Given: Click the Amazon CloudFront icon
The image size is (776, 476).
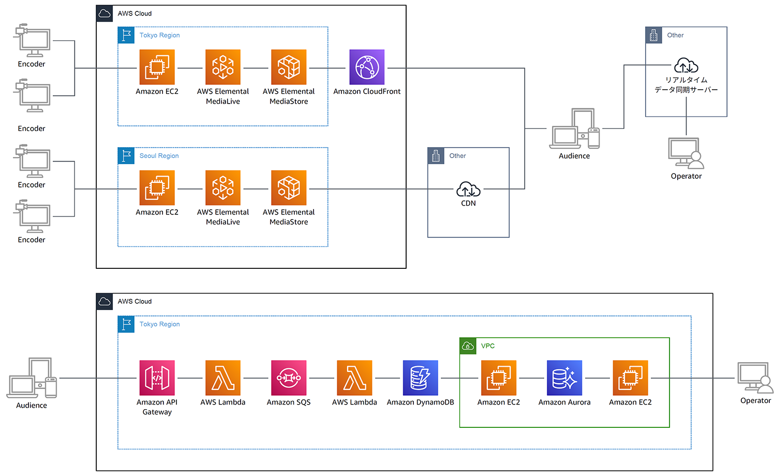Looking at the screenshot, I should coord(367,67).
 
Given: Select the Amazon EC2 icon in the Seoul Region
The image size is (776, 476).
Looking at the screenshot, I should coord(157,188).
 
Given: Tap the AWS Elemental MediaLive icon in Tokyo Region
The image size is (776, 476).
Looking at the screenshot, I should coord(223,67).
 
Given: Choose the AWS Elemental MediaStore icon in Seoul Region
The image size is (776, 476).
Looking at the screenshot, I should coord(289,188).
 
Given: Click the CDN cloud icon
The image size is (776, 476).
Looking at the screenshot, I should coord(468,190).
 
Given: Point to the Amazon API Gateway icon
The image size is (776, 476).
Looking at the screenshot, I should coord(157,378).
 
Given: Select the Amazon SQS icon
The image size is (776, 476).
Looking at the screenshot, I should coord(289,378).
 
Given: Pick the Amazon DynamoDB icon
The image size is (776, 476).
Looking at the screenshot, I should coord(420,378).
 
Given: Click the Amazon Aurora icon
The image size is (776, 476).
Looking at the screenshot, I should coord(564,378).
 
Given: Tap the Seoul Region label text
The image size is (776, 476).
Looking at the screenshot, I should coord(159,156).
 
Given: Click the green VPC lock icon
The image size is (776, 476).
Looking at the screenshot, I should coord(468,346).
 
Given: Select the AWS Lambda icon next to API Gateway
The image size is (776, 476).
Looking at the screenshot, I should coord(223,378).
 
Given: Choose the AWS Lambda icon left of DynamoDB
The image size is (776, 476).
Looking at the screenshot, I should coord(354,378).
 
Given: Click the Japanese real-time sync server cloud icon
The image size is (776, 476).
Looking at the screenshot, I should coord(686,66).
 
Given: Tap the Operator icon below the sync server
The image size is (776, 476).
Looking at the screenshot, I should coord(686,153).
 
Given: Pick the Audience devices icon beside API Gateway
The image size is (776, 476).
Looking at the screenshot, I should coord(32,378).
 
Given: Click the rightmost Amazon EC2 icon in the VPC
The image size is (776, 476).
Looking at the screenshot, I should coord(630,378).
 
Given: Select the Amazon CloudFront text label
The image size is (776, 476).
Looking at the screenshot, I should coord(367,92).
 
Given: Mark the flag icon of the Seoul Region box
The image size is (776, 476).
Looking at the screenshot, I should coord(126,156).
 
